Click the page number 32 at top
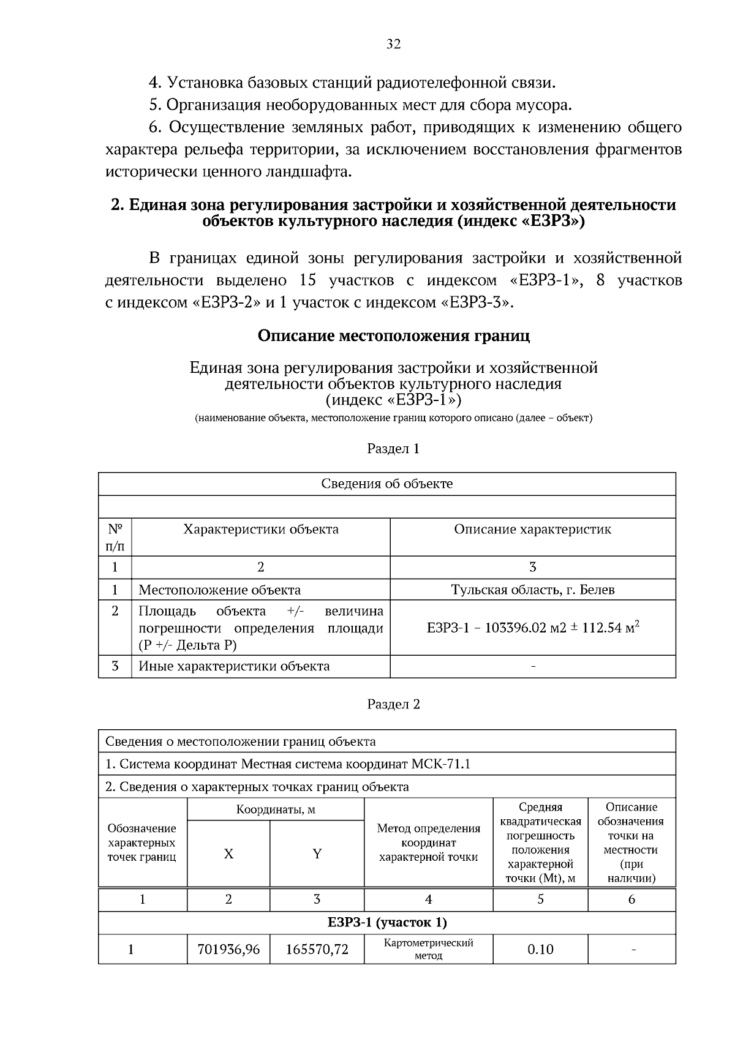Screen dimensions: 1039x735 [x=393, y=44]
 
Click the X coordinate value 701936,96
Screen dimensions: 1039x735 [x=228, y=949]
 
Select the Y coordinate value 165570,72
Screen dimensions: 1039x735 [x=317, y=949]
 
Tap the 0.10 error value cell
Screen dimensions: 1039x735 [x=540, y=949]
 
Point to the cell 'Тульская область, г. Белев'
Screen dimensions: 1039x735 [x=532, y=590]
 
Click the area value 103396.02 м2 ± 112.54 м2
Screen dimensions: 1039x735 [x=532, y=628]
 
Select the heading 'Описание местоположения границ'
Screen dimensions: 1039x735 [x=393, y=336]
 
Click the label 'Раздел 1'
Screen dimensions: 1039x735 [x=393, y=449]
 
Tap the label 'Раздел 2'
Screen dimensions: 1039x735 [x=393, y=704]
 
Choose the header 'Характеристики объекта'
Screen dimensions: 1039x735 [x=261, y=529]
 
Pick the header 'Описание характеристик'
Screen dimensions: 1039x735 [x=532, y=529]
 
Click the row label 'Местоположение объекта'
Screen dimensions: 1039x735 [x=219, y=590]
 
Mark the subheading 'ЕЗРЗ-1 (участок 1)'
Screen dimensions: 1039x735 [x=387, y=922]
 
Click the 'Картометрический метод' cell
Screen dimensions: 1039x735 [x=428, y=949]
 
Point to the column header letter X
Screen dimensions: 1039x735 [x=228, y=853]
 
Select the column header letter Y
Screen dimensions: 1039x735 [x=317, y=853]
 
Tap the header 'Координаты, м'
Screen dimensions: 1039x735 [x=276, y=809]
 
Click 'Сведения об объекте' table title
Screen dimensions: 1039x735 [x=387, y=484]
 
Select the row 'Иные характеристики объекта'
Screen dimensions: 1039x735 [x=234, y=666]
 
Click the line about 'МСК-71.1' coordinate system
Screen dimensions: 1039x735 [x=288, y=764]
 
